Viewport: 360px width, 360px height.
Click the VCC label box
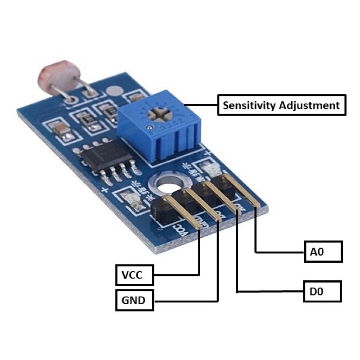(135, 274)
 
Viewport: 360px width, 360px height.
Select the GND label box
(135, 300)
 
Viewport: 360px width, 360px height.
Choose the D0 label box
(322, 291)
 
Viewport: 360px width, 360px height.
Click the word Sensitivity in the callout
(249, 106)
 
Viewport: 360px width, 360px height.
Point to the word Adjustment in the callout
(309, 106)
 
